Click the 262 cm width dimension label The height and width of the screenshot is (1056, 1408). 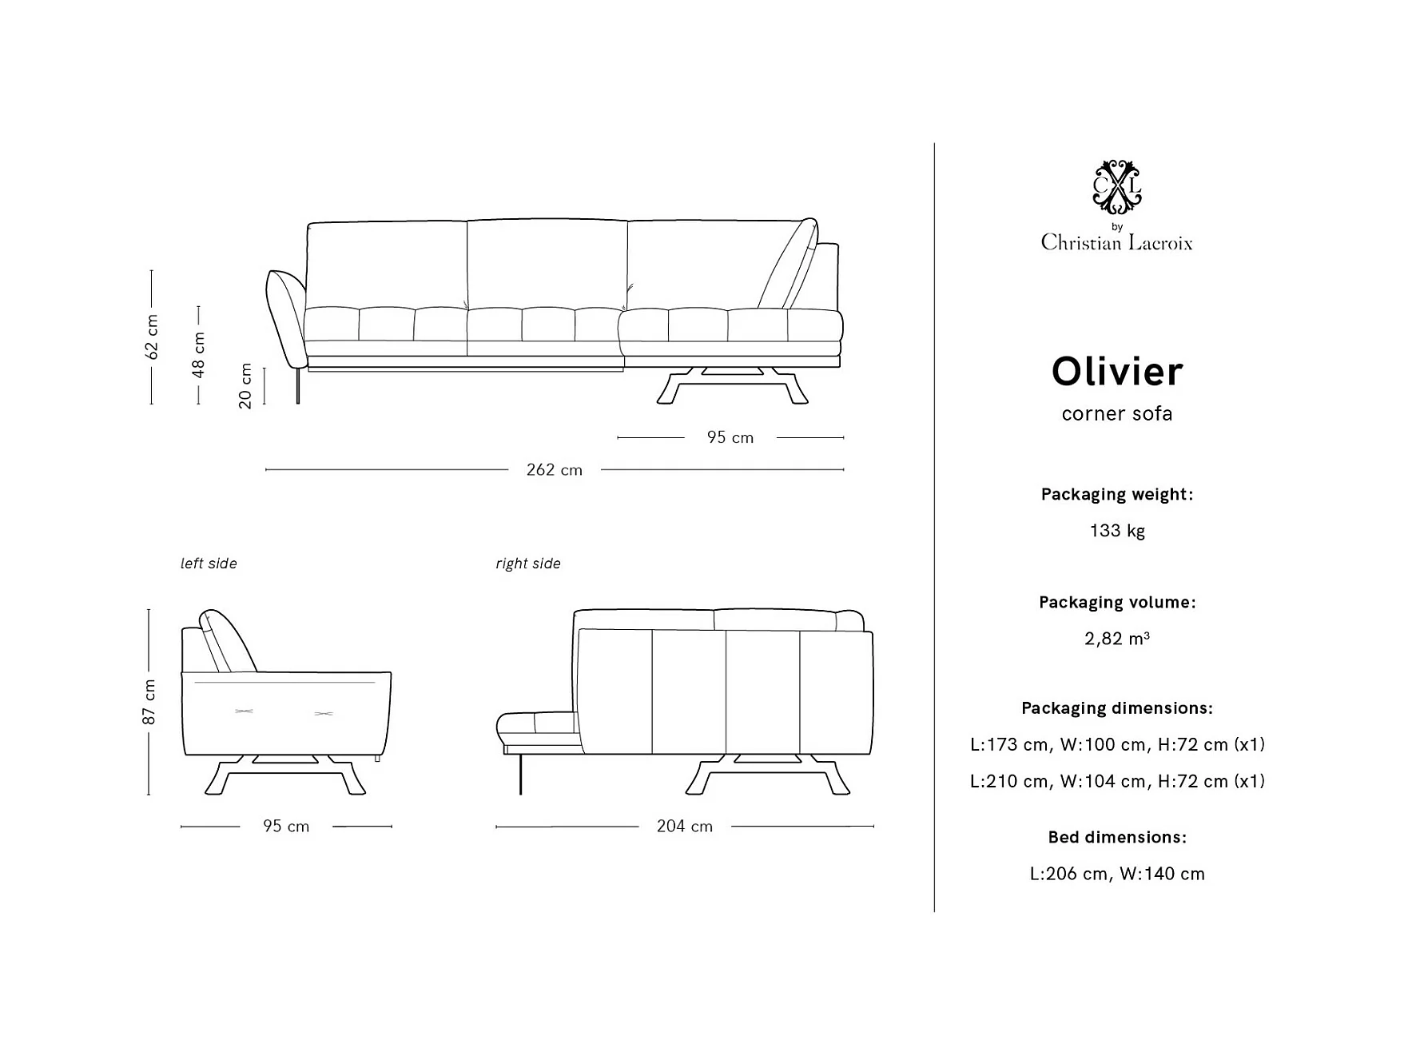point(554,470)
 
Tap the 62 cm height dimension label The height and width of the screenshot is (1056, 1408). point(152,337)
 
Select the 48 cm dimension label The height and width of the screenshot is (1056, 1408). point(199,354)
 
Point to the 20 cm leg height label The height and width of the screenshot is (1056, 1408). point(245,386)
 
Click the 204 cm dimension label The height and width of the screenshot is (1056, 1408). point(684,827)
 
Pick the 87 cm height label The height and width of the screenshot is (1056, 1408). point(149,702)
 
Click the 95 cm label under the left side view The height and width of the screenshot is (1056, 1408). point(286,827)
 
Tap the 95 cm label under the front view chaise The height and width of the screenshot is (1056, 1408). point(730,437)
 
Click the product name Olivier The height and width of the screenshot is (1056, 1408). point(1116,372)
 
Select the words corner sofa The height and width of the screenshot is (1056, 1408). point(1116,413)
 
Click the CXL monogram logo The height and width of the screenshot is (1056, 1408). point(1116,187)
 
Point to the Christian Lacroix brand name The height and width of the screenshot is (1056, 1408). point(1116,242)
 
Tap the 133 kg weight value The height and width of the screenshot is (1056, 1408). point(1116,531)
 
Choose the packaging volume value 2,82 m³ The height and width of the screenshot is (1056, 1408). point(1116,639)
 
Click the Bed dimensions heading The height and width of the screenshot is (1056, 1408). point(1116,837)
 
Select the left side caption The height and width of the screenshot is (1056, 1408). point(209,564)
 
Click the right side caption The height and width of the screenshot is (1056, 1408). point(527,564)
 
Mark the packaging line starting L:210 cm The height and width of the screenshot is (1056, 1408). point(1116,781)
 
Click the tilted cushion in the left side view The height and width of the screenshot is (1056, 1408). point(228,640)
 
